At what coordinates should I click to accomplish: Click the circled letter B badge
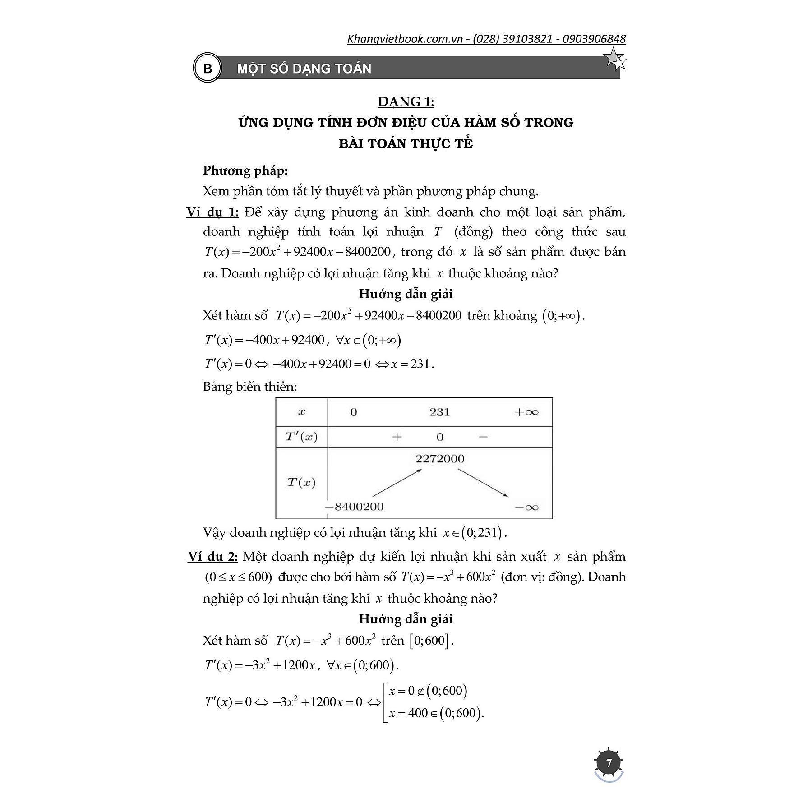207,69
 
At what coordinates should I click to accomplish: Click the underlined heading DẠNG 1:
406,102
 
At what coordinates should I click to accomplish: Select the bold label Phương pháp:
245,171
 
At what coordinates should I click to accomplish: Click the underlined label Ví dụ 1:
212,212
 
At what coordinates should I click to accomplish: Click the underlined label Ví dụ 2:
212,556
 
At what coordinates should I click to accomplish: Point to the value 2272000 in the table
440,459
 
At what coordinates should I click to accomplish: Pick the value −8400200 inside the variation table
355,507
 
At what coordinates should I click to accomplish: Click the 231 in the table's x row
439,412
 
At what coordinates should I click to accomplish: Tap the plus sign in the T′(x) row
397,437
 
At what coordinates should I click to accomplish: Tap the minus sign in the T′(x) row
483,437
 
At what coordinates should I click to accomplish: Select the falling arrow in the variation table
483,483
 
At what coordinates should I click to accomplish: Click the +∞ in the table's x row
526,412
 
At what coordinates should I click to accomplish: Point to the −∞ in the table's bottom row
526,507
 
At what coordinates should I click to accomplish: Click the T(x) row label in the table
301,483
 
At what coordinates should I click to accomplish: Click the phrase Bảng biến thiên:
250,387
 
